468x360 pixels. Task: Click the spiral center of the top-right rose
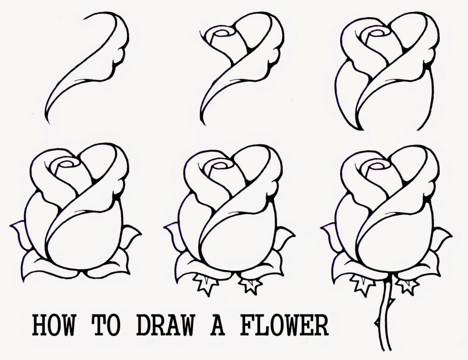coord(379,32)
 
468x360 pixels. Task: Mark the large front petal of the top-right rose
coord(398,101)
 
